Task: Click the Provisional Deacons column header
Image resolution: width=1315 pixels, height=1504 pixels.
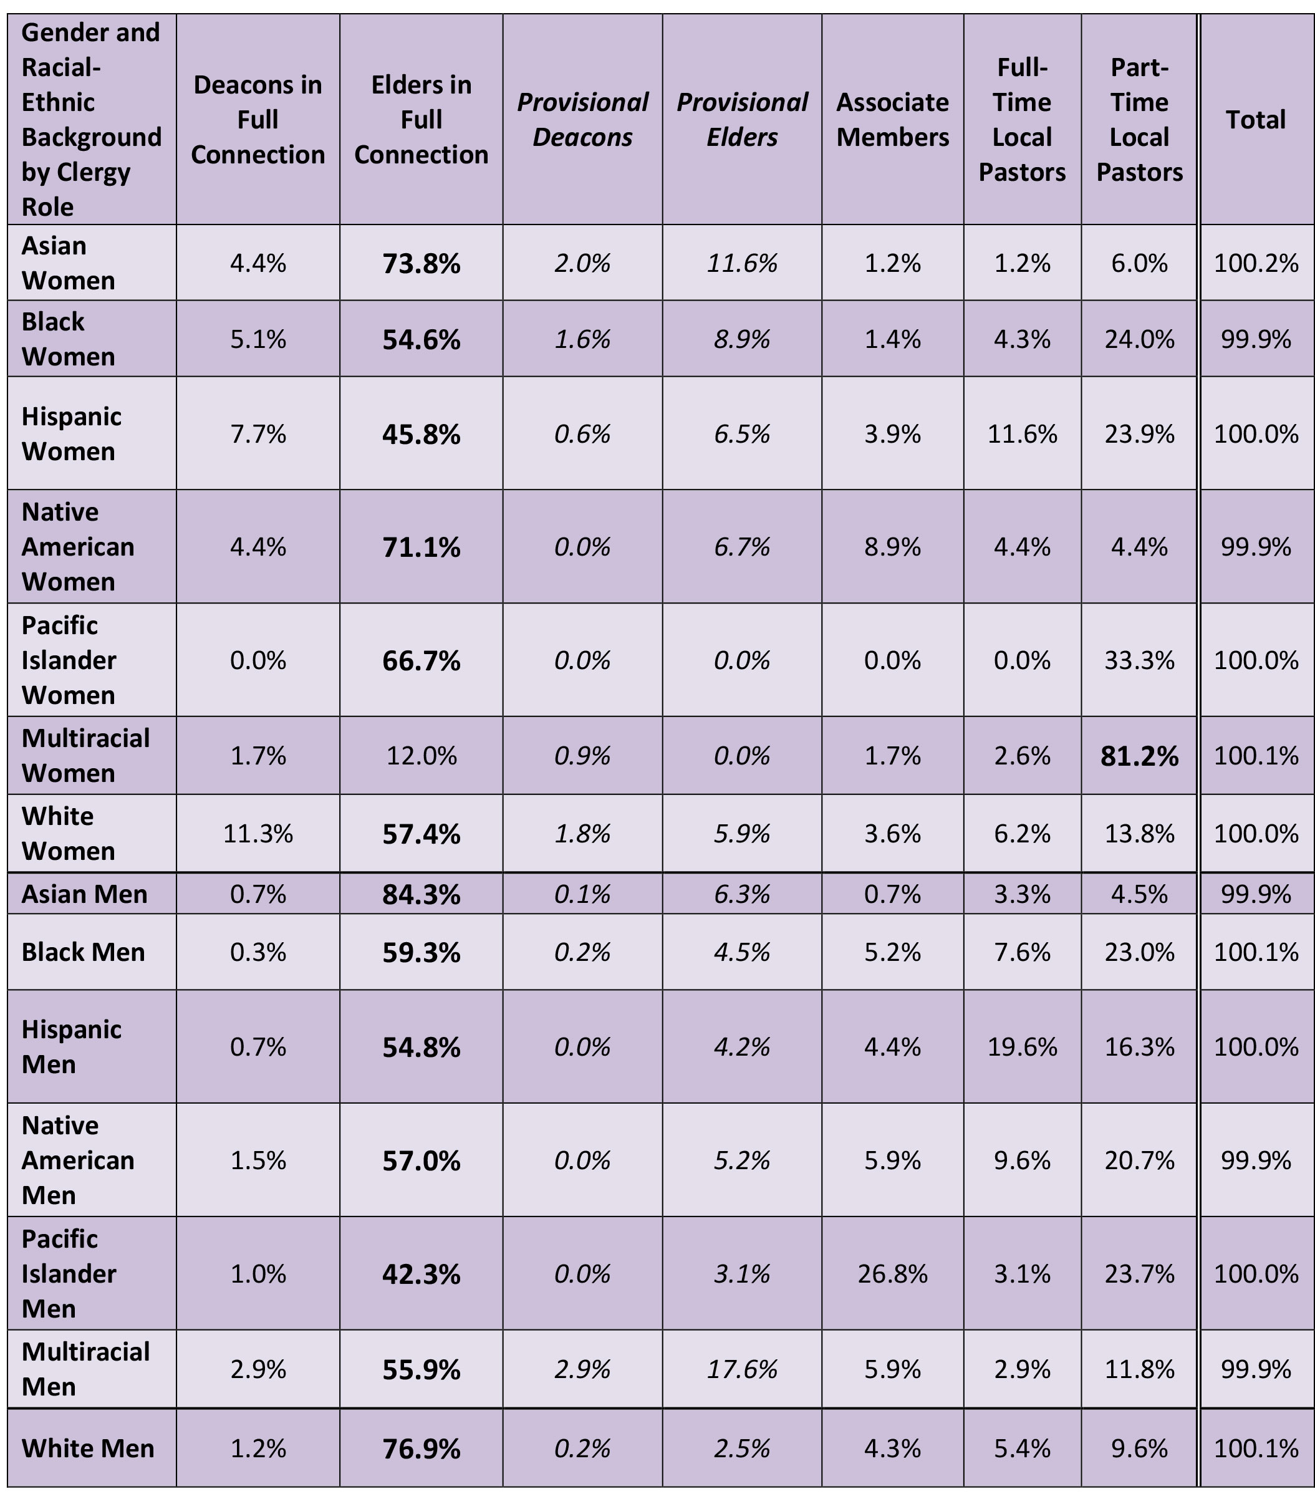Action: tap(582, 120)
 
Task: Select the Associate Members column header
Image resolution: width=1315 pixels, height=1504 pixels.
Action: tap(892, 120)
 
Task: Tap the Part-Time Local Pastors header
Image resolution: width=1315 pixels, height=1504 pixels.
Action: tap(1139, 120)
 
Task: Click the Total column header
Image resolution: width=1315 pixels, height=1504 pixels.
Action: tap(1256, 120)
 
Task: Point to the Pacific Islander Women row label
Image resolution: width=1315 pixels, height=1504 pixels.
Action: tap(69, 660)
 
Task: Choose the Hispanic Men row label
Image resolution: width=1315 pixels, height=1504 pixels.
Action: tap(71, 1046)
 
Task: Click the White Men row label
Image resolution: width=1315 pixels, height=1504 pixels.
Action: tap(88, 1447)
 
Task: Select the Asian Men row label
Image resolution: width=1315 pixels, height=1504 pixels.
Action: tap(84, 894)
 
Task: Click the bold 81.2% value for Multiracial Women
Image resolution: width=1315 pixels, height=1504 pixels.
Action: tap(1139, 756)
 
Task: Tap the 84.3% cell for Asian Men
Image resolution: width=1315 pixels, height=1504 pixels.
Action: tap(421, 894)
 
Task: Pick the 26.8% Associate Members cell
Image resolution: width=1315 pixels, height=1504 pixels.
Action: tap(892, 1274)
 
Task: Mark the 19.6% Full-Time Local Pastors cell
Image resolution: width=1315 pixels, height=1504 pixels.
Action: tap(1021, 1046)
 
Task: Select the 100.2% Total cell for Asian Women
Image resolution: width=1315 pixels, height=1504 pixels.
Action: tap(1256, 263)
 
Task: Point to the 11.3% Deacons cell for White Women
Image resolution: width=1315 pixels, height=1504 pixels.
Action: tap(258, 834)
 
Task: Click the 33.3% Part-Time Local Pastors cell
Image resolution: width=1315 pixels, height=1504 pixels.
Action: tap(1139, 660)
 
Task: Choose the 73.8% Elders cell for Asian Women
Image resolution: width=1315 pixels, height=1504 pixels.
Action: tap(421, 263)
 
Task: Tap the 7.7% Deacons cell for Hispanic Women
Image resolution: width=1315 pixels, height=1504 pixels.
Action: tap(258, 433)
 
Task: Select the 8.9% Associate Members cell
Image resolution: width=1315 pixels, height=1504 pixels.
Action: tap(892, 547)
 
